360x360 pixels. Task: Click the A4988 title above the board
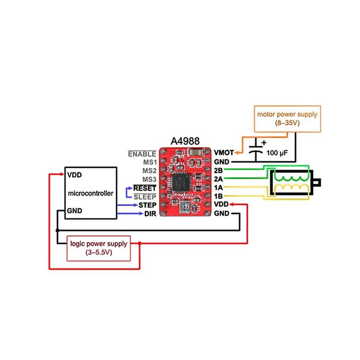pos(184,140)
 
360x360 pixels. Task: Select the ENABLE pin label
pos(142,154)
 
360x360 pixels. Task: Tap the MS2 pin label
pos(149,170)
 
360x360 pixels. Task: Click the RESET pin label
pos(145,188)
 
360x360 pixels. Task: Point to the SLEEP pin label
pos(145,197)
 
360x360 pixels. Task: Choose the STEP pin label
pos(147,205)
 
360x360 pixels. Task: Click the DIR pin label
pos(150,214)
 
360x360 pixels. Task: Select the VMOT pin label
pos(224,152)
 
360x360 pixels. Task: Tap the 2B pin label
pos(218,170)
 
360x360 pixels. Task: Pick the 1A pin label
pos(218,188)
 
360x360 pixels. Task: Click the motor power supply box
pos(287,118)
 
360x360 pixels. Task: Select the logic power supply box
pos(98,248)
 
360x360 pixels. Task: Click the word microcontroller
pos(90,193)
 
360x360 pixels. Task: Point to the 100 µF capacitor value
pos(277,153)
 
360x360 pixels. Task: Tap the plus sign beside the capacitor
pos(264,143)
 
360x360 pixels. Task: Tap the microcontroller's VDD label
pos(75,175)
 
